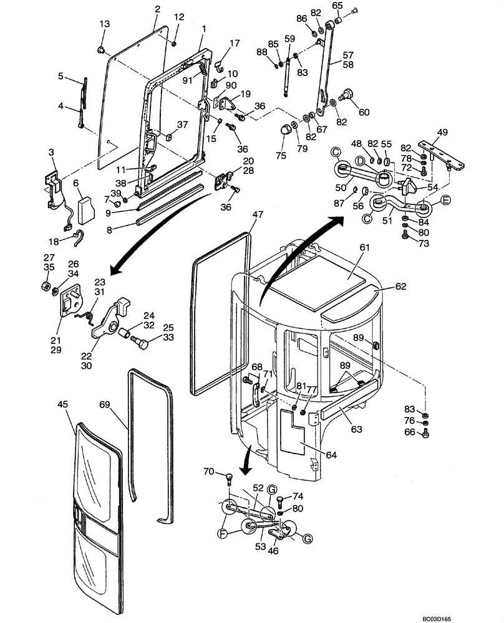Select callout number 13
pyautogui.click(x=105, y=24)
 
